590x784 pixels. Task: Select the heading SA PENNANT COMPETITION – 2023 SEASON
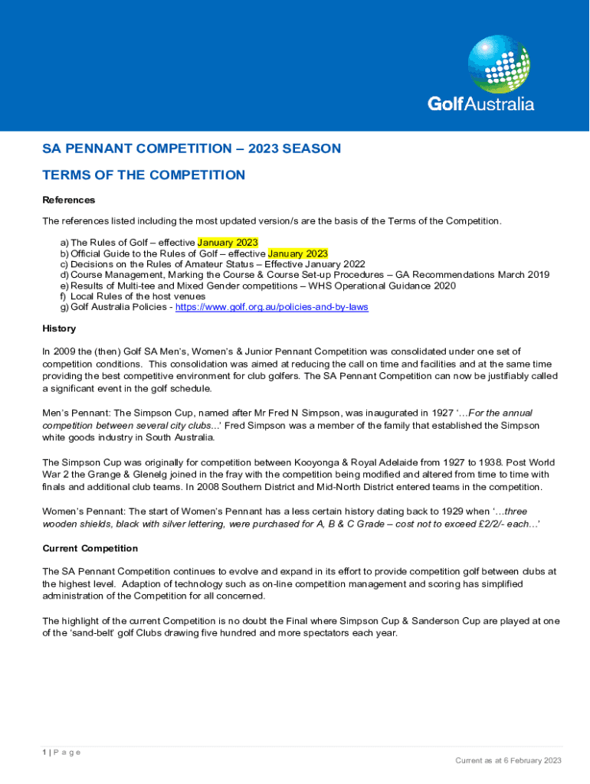[192, 149]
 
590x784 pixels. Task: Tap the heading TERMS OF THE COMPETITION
[143, 175]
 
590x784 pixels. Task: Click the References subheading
[69, 200]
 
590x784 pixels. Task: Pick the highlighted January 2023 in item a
[228, 243]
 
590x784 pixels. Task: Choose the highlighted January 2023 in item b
[298, 253]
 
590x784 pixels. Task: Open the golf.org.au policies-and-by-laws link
[272, 307]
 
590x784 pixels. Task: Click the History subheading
[59, 328]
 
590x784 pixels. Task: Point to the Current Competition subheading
[90, 548]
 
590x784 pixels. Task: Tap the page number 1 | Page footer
[61, 753]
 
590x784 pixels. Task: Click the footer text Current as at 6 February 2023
[508, 760]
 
